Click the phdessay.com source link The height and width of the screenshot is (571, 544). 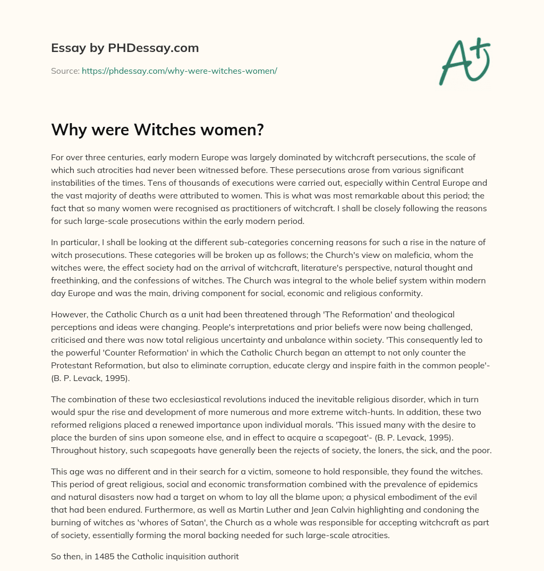point(179,71)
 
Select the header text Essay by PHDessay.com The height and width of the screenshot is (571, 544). point(125,48)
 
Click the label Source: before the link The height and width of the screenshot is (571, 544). point(65,71)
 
